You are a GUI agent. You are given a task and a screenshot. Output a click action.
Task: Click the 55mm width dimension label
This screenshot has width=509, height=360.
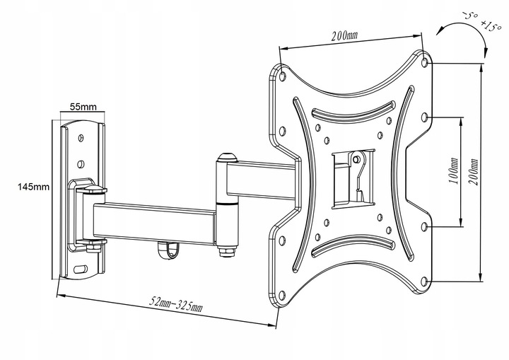(83, 108)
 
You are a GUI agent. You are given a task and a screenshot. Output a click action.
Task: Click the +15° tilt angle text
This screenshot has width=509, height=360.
(471, 28)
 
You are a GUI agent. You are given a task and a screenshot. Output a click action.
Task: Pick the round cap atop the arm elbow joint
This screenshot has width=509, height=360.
(227, 158)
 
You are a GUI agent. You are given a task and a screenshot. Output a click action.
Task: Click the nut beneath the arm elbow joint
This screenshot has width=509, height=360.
(226, 250)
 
